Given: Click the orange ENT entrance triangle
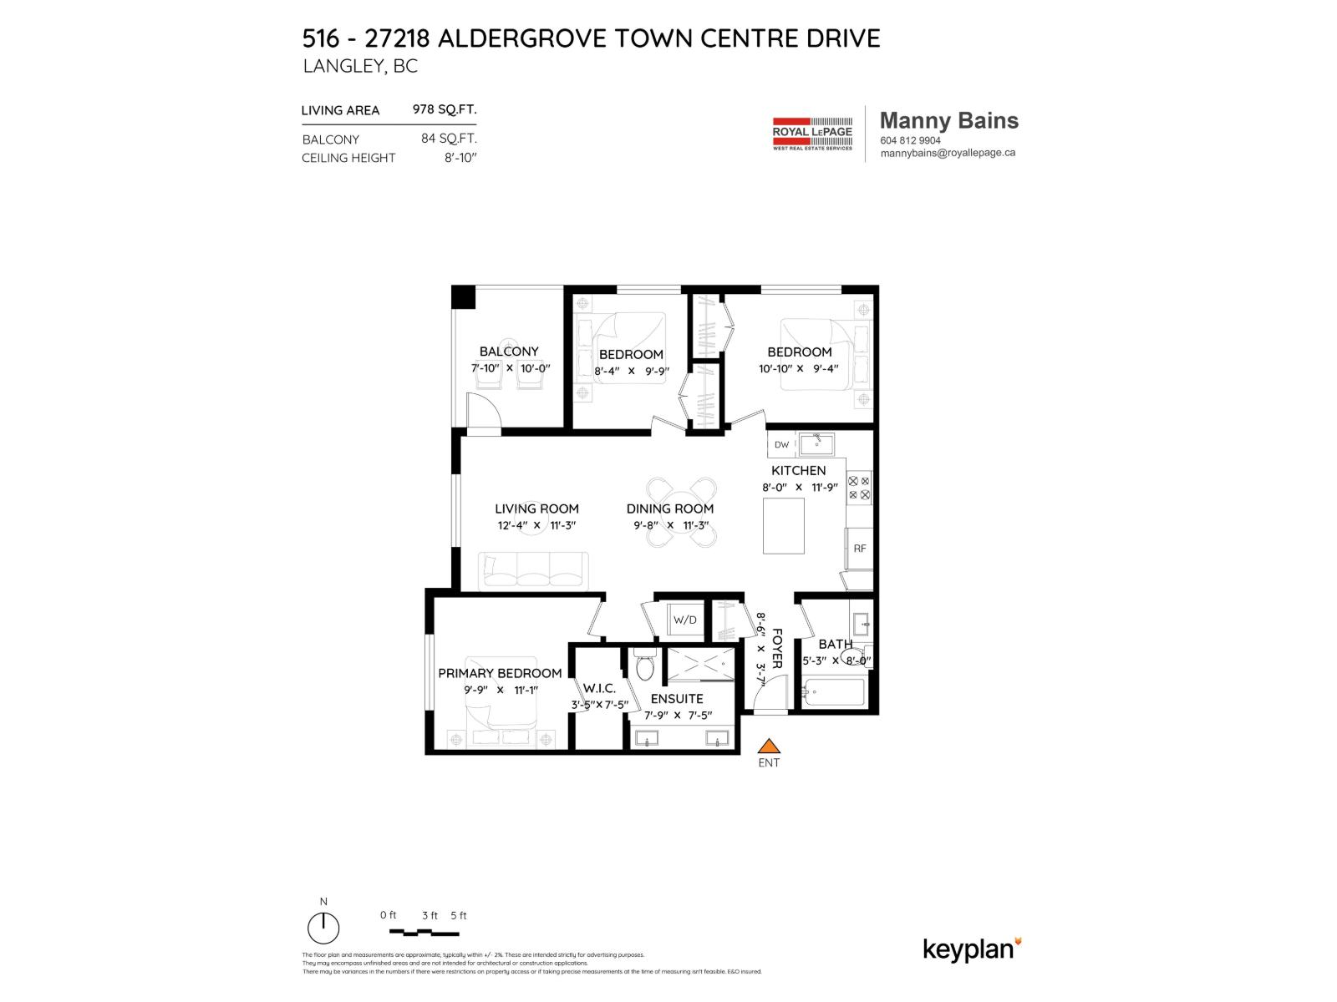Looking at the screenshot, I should (x=769, y=747).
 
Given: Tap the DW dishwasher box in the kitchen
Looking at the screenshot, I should (x=781, y=444).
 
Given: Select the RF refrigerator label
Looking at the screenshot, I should (x=860, y=549).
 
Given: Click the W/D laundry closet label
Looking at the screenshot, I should (x=684, y=620).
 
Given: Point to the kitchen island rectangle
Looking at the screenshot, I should (x=784, y=525).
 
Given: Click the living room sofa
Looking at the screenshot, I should (x=533, y=570).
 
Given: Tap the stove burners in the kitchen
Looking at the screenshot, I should (x=859, y=488).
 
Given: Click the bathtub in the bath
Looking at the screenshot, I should (x=833, y=692).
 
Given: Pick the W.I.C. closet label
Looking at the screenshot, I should (x=599, y=688).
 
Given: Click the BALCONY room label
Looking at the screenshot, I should (x=509, y=352).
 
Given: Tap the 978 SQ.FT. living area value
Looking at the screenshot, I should (x=445, y=109).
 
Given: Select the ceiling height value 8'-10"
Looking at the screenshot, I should (x=460, y=157).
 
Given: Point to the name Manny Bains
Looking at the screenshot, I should (x=949, y=121).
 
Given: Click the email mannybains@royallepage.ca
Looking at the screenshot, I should (x=948, y=153).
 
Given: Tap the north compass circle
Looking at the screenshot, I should (x=323, y=928).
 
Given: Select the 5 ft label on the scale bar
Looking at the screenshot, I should (x=458, y=915).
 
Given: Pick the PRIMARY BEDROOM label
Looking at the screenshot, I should (x=500, y=673).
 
